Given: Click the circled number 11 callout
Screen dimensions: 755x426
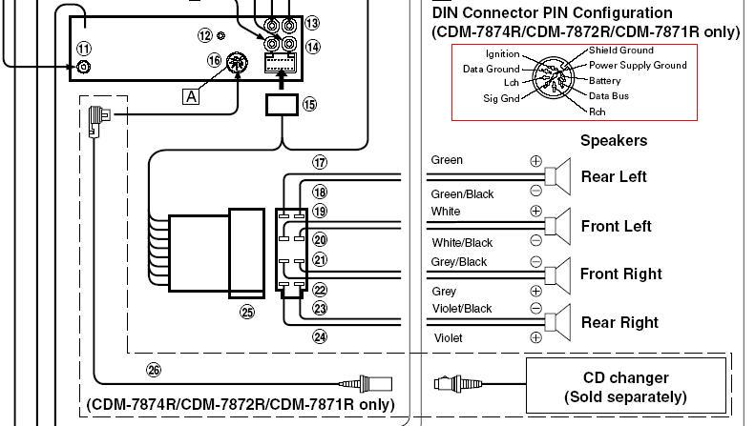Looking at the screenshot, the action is (x=84, y=49).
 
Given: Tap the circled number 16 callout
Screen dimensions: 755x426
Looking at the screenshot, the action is (x=214, y=60).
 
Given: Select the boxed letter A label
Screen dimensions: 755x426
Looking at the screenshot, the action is (x=191, y=96).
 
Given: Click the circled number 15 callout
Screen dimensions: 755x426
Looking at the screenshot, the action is (x=309, y=104).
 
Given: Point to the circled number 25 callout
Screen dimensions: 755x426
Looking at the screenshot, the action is (x=247, y=312).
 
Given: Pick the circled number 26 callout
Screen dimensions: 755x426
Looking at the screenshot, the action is (x=154, y=370).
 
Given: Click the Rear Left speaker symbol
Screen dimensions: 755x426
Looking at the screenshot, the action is (x=557, y=176).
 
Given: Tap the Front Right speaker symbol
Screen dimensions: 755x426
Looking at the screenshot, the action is (x=557, y=275).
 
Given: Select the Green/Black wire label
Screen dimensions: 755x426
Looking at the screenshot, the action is (x=462, y=194).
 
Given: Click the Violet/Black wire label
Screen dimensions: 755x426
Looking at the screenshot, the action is (x=462, y=309).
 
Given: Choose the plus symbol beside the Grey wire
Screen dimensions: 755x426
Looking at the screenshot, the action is (x=535, y=291).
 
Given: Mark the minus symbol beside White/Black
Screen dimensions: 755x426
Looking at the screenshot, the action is (x=535, y=240).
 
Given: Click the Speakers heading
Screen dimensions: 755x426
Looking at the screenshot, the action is (x=614, y=140).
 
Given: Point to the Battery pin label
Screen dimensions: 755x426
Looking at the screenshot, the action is (x=605, y=81).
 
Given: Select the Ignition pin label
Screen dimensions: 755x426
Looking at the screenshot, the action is (x=502, y=54).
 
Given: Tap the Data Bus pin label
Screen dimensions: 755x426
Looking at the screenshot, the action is (x=609, y=95).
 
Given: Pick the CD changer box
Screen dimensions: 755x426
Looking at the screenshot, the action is (x=625, y=385).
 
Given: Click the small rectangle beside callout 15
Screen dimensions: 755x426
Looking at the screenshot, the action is (x=282, y=105).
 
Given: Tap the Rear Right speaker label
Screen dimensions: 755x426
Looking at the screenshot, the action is (x=619, y=323).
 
